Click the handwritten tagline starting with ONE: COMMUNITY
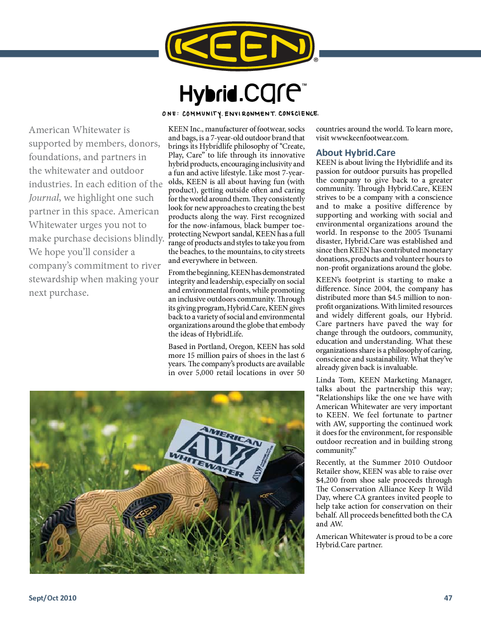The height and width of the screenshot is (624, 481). point(240,114)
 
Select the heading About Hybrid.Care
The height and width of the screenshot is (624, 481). point(356,153)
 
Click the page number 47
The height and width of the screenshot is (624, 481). point(448,598)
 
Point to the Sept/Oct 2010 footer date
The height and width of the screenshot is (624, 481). point(52,598)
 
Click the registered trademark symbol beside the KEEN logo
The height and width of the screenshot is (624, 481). point(315,61)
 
